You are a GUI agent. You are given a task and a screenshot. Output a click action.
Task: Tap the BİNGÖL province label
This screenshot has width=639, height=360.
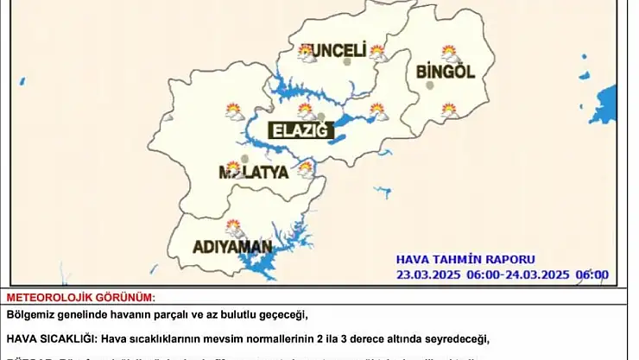446,72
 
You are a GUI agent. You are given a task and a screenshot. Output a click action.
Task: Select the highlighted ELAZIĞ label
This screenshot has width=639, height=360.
300,130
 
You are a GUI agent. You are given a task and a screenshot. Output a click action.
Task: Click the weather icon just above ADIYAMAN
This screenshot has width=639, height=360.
234,228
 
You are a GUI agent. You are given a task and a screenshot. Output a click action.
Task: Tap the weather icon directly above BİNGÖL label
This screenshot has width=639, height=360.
449,53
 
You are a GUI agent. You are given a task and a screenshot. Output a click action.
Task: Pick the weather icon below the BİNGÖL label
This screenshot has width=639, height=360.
449,110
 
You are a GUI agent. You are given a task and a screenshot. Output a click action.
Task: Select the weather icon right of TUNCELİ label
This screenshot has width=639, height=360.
377,52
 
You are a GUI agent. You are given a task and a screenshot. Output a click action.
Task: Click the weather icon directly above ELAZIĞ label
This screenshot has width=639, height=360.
305,110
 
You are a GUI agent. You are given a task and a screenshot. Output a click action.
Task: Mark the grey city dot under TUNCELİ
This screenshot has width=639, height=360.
347,62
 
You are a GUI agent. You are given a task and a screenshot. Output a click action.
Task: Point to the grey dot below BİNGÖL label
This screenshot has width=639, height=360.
429,85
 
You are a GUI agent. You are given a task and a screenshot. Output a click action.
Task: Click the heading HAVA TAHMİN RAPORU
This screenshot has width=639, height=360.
465,259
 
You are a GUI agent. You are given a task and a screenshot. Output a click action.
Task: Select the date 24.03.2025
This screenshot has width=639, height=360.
535,275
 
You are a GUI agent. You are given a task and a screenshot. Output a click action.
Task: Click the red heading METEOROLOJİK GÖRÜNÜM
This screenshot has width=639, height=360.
80,297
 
